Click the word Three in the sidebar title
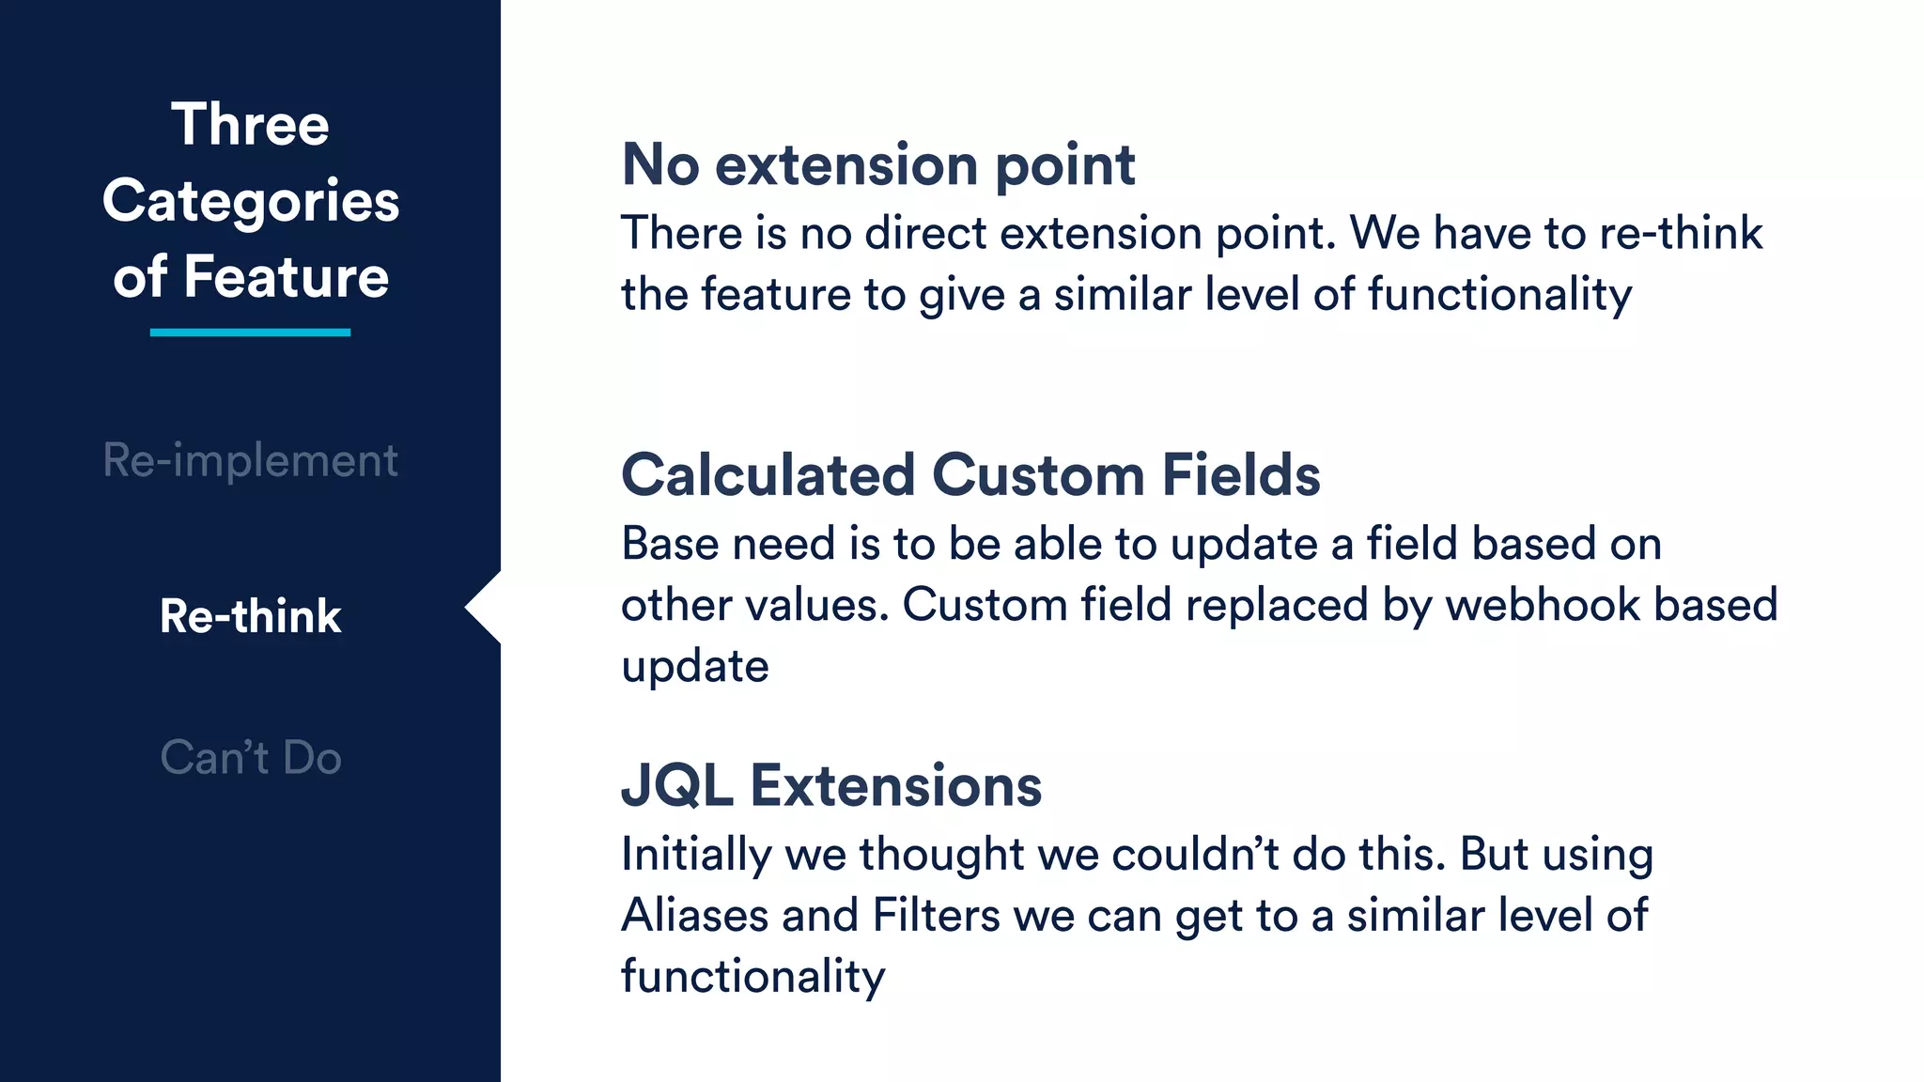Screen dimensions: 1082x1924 click(x=250, y=125)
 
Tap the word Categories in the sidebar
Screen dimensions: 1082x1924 click(x=251, y=202)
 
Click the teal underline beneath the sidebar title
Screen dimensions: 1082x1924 click(x=250, y=332)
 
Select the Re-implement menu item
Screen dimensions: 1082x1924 click(x=250, y=460)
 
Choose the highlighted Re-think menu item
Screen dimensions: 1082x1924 click(x=250, y=617)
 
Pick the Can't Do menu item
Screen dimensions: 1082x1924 click(x=250, y=758)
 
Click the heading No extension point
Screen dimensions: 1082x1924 click(x=878, y=165)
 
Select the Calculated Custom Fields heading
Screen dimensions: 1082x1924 click(x=970, y=475)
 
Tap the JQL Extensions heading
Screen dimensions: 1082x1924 click(x=831, y=785)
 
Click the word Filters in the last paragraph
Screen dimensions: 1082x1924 click(x=936, y=916)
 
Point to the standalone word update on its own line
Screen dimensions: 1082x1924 click(x=695, y=667)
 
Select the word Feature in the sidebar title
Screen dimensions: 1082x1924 click(x=287, y=278)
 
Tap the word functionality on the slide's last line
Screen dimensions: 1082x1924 click(x=753, y=977)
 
